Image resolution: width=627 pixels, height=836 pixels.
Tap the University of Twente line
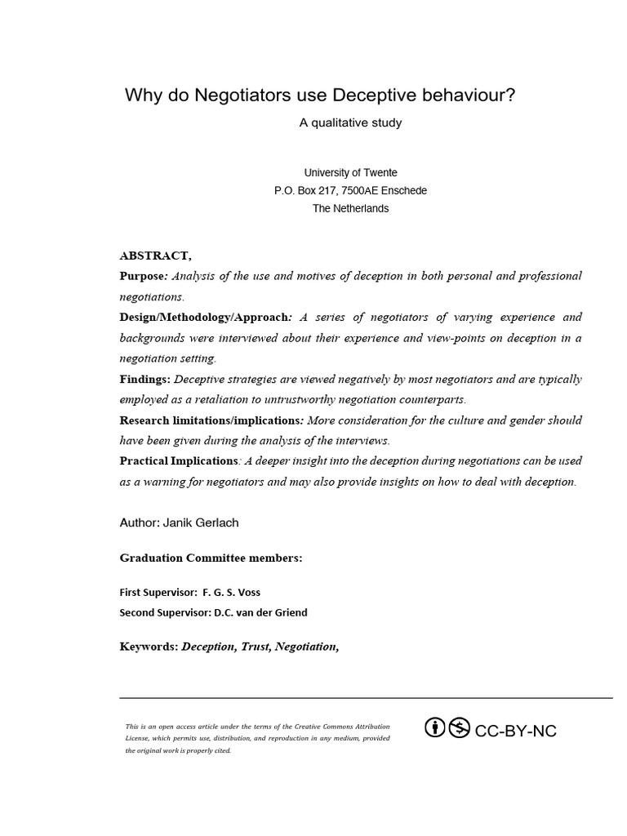[x=350, y=172]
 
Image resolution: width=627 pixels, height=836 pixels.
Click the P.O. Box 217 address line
[x=350, y=190]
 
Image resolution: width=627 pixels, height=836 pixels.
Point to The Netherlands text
[x=350, y=208]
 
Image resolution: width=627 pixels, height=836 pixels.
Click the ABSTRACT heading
[x=156, y=256]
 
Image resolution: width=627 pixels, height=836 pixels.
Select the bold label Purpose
[x=142, y=276]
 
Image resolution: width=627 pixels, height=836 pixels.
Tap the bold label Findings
[x=145, y=379]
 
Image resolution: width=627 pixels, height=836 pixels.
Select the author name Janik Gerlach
[x=204, y=522]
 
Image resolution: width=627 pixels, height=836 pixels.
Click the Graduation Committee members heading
[x=211, y=558]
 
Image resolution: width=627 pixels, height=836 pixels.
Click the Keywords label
[x=149, y=647]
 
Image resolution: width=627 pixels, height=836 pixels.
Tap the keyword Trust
[x=256, y=647]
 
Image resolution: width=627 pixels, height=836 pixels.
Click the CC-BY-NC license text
[x=515, y=731]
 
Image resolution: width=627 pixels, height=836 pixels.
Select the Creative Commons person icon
[x=436, y=727]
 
